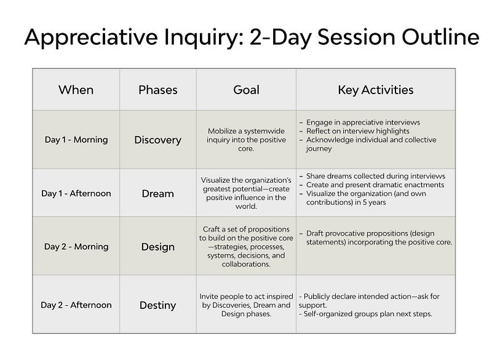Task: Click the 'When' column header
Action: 76,90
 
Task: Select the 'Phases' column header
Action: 158,90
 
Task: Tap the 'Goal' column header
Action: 247,90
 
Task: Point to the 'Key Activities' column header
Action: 376,90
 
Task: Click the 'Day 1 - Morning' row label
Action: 76,140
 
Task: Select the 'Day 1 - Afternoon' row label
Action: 76,193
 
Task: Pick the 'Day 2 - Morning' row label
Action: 76,247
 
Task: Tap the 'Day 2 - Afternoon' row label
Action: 76,305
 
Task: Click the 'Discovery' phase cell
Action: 158,140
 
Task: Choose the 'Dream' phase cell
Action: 158,194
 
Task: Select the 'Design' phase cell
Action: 158,247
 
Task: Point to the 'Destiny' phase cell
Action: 158,305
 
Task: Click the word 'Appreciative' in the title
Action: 91,38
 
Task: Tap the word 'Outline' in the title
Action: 440,37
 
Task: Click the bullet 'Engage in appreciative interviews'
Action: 363,122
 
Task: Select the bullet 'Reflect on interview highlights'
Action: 358,131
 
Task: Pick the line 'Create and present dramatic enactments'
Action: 375,185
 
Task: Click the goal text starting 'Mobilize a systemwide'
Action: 247,140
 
